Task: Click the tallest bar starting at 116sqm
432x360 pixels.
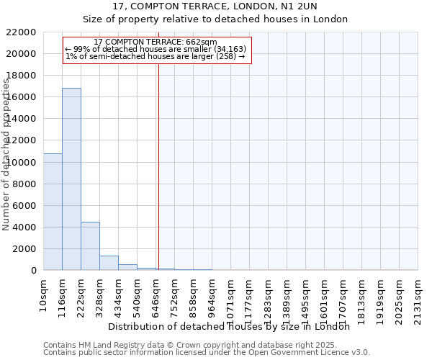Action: pyautogui.click(x=71, y=179)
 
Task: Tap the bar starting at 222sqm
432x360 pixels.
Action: pyautogui.click(x=90, y=246)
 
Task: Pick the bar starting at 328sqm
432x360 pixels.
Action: pyautogui.click(x=109, y=263)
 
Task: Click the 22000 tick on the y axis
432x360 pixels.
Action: pyautogui.click(x=21, y=32)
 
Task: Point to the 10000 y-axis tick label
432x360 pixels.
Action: pyautogui.click(x=21, y=162)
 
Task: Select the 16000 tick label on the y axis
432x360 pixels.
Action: pyautogui.click(x=21, y=97)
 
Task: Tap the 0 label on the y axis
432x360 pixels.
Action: pyautogui.click(x=33, y=271)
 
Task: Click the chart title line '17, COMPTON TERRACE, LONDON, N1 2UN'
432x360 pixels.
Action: pyautogui.click(x=216, y=7)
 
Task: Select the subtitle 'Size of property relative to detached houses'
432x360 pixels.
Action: pyautogui.click(x=216, y=19)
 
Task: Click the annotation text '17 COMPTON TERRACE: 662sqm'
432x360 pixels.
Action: pyautogui.click(x=156, y=42)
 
